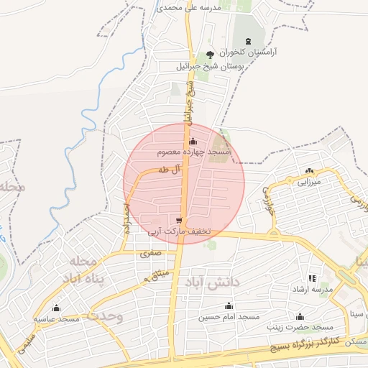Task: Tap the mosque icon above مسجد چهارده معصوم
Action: [193, 142]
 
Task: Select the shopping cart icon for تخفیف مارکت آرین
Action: [178, 220]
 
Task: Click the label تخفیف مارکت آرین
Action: [180, 231]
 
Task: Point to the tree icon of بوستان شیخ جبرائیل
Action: [210, 55]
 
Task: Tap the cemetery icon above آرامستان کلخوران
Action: [249, 41]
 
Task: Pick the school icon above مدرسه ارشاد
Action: [312, 277]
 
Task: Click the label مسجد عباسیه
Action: [56, 318]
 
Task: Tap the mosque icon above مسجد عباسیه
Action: [56, 307]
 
